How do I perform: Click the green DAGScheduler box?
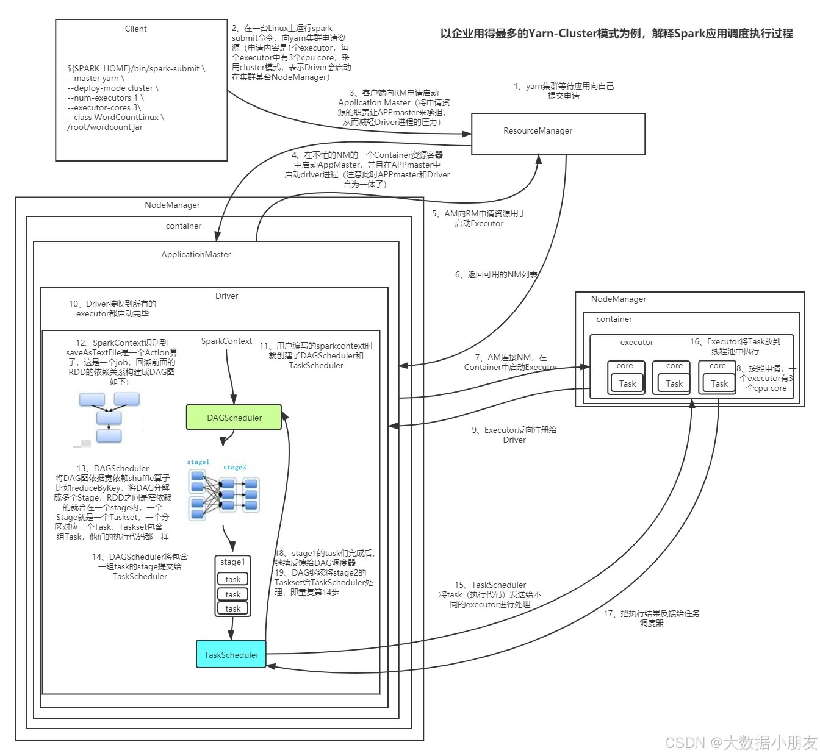234,418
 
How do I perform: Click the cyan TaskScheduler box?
231,654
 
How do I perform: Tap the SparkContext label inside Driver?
226,341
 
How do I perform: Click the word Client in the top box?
135,29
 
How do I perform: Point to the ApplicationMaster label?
196,254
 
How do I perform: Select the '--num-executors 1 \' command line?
105,98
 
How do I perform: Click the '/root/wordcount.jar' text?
104,127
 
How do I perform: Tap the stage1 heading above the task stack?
232,562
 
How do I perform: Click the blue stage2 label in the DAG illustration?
234,467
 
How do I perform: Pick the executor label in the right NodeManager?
636,342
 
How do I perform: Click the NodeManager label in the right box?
618,299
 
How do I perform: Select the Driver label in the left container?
226,296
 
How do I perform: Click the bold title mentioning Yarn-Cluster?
616,34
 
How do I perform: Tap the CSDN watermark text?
740,742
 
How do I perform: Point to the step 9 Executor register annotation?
514,434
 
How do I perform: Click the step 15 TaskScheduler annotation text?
490,594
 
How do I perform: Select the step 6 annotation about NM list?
496,274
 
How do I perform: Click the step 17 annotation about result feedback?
652,618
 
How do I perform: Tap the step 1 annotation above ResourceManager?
563,91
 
